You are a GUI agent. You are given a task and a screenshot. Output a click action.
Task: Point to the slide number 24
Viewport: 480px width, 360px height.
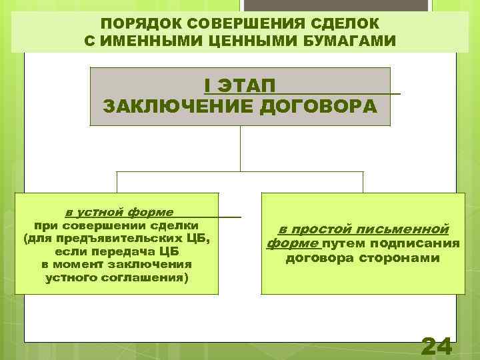(437, 346)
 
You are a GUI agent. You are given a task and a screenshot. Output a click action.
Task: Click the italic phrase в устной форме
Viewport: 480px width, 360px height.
(119, 212)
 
